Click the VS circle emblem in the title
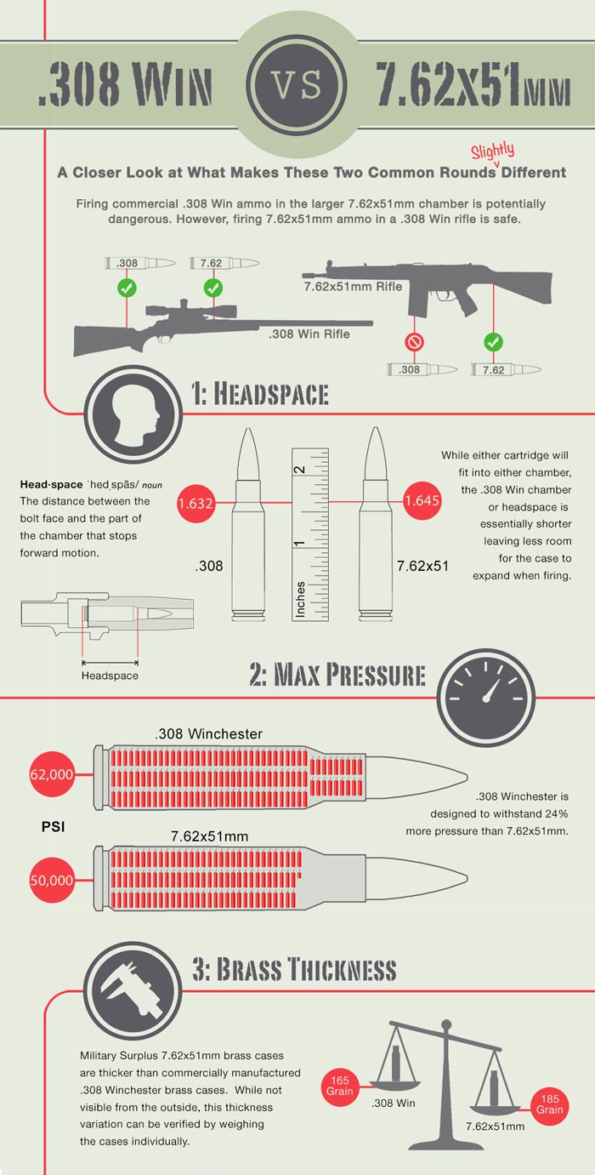[297, 85]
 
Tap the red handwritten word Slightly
[492, 151]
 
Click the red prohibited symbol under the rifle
[414, 343]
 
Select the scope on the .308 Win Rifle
[191, 310]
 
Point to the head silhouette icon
[133, 414]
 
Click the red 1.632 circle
[195, 504]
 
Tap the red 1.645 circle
[422, 500]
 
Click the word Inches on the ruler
[300, 598]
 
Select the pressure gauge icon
[486, 699]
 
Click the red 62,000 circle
[52, 774]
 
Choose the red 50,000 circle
[52, 881]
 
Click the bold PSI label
[54, 827]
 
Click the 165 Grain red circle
[340, 1087]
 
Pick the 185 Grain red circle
[550, 1105]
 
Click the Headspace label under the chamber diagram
[110, 676]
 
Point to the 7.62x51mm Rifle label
[353, 287]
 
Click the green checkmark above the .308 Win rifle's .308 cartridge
[127, 288]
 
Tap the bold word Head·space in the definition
[51, 485]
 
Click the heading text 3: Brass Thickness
[294, 969]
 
